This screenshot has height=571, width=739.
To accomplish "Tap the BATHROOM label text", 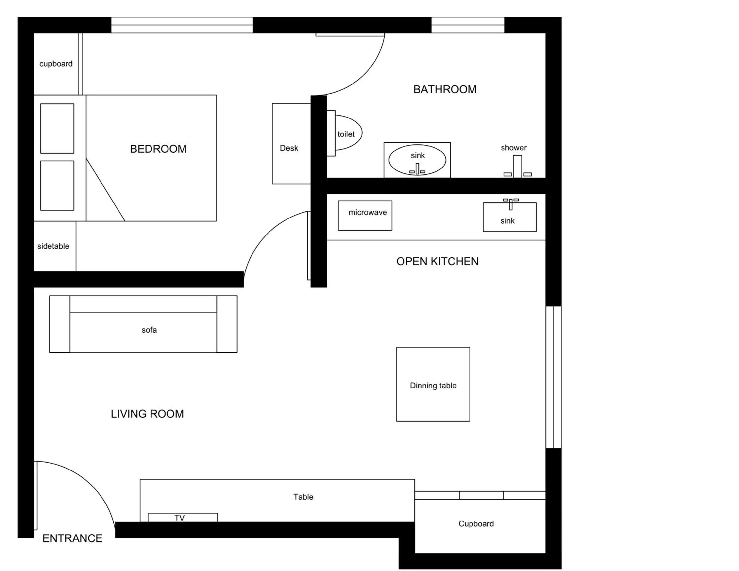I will coord(445,90).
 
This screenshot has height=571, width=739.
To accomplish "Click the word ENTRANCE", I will coord(72,538).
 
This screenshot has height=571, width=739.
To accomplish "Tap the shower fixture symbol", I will coord(517,167).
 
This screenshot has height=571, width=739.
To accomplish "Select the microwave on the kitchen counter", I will coord(365,216).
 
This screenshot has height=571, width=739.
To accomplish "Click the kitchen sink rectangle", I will coord(509,217).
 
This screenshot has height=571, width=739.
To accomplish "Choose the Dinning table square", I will coord(433,384).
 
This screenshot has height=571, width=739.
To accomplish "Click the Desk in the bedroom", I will coord(291,144).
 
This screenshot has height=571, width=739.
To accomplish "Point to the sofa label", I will coord(149,330).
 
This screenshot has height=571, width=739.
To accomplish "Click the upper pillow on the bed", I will coord(57,129).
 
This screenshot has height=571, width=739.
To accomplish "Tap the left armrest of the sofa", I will coord(60,324).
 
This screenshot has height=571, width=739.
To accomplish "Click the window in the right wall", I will coord(554,377).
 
